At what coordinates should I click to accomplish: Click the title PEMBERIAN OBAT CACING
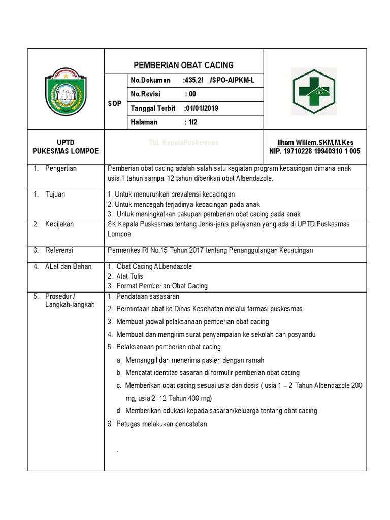click(183, 65)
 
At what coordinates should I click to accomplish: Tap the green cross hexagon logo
click(314, 89)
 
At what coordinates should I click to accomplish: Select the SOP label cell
click(115, 103)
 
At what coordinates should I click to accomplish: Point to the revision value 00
click(191, 94)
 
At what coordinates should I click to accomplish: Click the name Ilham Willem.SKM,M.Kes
click(315, 143)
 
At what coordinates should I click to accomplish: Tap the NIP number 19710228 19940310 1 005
click(315, 151)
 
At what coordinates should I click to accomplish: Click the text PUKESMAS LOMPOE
click(66, 151)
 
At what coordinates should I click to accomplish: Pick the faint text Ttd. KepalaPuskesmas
click(183, 143)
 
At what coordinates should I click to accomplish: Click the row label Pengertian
click(60, 168)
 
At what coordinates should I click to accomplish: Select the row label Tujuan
click(55, 194)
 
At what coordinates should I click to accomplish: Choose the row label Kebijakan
click(59, 224)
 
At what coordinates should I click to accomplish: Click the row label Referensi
click(59, 250)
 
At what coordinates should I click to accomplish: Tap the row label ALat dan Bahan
click(68, 266)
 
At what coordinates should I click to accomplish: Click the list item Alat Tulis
click(129, 276)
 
